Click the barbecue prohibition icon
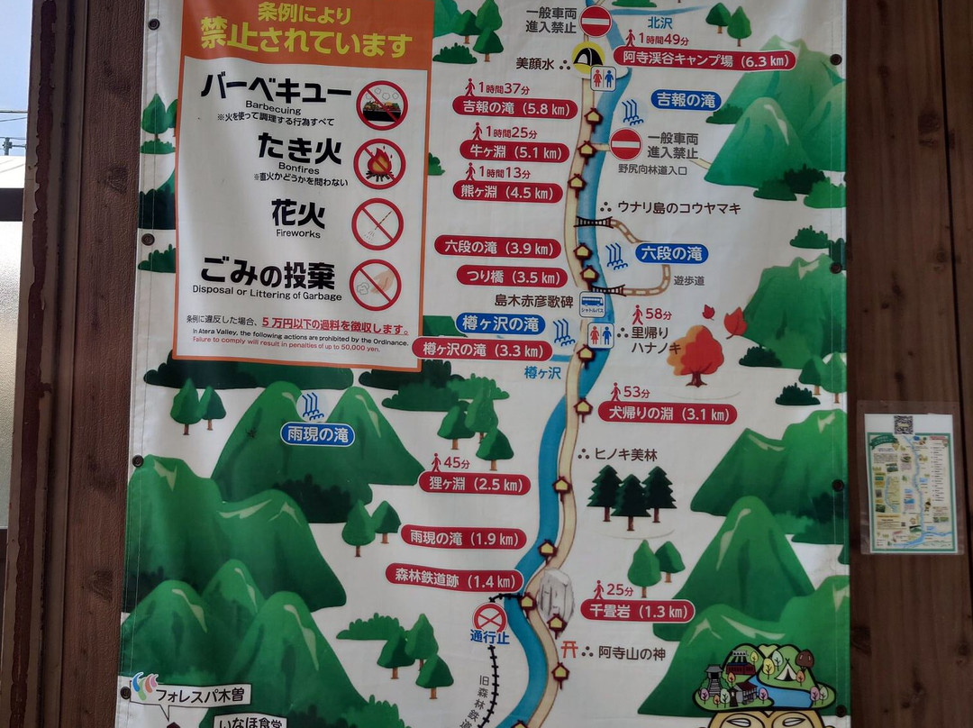click(x=382, y=105)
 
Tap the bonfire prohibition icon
click(x=379, y=163)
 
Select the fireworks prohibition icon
click(x=377, y=224)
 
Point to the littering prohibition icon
click(x=375, y=285)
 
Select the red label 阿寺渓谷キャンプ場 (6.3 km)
click(x=705, y=59)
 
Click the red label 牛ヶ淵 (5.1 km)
click(x=514, y=150)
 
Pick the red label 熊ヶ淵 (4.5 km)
click(x=507, y=192)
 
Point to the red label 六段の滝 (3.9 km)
click(x=497, y=246)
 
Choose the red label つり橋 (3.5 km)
click(x=511, y=276)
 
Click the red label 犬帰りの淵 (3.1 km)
click(x=679, y=414)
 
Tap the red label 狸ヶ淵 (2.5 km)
click(x=474, y=483)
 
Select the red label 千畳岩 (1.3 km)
click(x=637, y=610)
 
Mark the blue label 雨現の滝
click(x=317, y=434)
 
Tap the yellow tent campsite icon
click(x=587, y=58)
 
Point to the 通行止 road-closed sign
click(x=489, y=619)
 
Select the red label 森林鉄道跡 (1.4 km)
click(x=454, y=577)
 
